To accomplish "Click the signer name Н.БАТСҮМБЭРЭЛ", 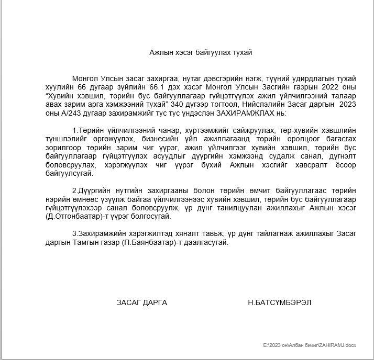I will click(x=280, y=302).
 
